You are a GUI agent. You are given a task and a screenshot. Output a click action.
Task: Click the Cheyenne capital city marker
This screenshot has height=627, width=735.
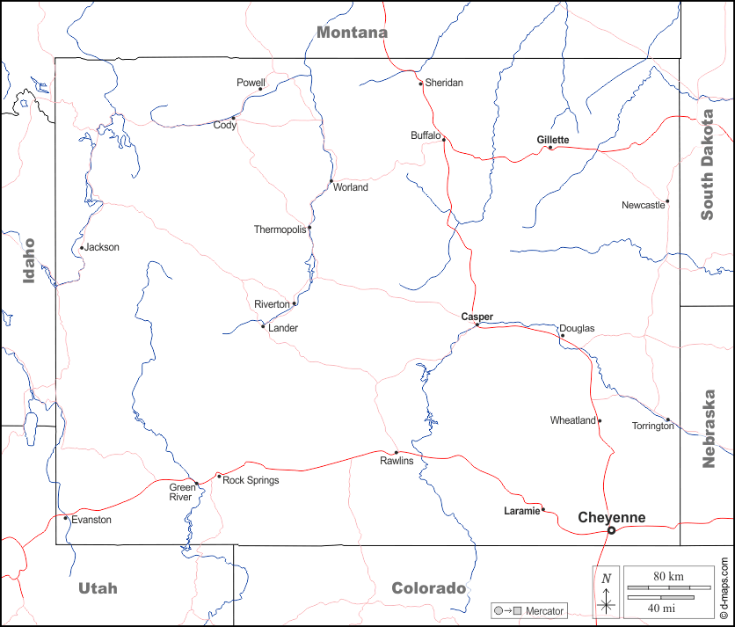tap(612, 529)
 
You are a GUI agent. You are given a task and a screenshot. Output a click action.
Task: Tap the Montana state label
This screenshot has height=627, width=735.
tap(352, 33)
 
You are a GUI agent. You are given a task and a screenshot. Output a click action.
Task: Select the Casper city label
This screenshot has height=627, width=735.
tap(477, 317)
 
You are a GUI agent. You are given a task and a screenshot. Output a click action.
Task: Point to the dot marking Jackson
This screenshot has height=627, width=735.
tap(82, 247)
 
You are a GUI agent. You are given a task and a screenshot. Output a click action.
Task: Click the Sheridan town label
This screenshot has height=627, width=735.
tap(444, 83)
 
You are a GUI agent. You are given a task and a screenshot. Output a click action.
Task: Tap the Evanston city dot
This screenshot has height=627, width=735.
tap(65, 518)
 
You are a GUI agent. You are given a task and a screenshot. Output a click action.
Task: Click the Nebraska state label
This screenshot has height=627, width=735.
tap(709, 428)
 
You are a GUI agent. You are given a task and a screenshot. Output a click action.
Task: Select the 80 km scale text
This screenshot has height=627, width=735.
tap(669, 576)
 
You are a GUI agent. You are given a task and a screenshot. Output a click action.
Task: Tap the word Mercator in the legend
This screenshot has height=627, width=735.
tap(545, 610)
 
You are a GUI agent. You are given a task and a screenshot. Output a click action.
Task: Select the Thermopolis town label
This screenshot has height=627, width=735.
tap(280, 230)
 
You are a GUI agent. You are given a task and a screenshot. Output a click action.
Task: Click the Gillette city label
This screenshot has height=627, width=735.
tap(553, 140)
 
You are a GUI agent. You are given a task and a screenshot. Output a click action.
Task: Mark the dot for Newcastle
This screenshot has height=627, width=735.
tap(667, 201)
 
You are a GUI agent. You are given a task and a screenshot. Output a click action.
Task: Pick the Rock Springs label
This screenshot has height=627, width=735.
tap(251, 480)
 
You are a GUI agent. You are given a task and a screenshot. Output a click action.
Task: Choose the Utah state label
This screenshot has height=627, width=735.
tap(98, 588)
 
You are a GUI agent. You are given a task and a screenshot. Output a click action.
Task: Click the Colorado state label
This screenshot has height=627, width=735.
tap(428, 588)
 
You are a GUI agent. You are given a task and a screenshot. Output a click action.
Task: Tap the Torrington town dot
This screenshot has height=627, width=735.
tap(667, 420)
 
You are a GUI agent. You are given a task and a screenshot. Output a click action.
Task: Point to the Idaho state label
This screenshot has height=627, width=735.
tap(29, 260)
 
